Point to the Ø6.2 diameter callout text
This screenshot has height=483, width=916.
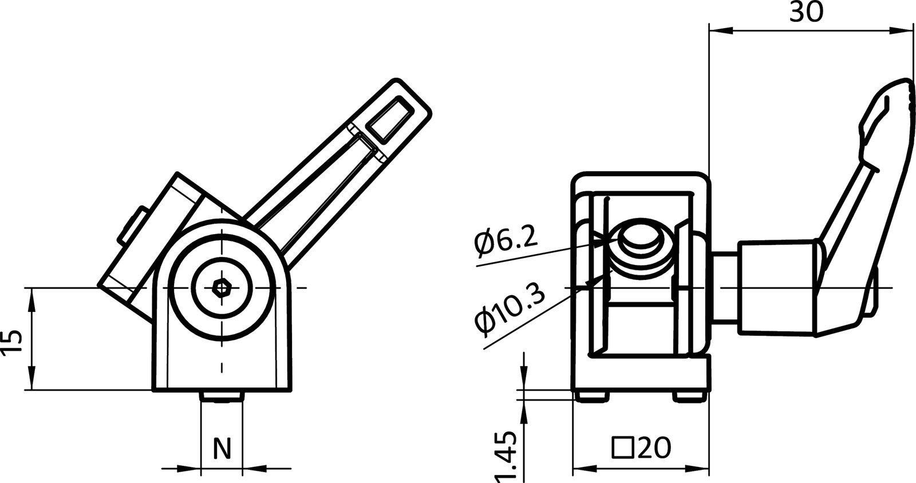506,240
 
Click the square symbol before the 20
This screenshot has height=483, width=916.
622,448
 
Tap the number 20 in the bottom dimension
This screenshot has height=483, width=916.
653,448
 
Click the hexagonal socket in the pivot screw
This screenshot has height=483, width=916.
220,288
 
